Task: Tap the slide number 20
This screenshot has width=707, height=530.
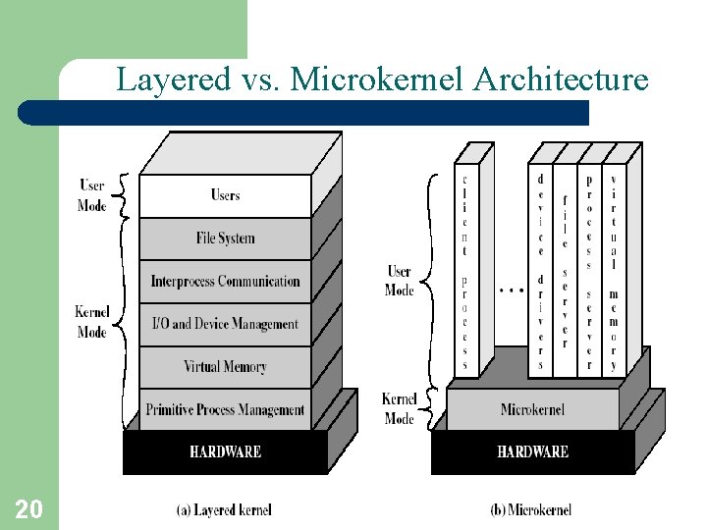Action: tap(28, 508)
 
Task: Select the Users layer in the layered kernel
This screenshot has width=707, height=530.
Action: tap(225, 195)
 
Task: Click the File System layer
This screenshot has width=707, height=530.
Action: tap(225, 238)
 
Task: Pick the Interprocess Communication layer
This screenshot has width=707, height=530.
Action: tap(225, 282)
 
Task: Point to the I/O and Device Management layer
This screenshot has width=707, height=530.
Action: tap(225, 324)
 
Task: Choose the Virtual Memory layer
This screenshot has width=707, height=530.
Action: tap(225, 367)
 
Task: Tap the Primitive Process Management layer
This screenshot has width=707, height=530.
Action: tap(225, 409)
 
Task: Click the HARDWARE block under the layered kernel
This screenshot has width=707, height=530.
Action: tap(225, 451)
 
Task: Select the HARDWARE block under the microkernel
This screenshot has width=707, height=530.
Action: tap(532, 451)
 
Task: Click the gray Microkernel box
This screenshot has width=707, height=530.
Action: tap(532, 409)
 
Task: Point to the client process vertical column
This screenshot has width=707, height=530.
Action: tap(465, 270)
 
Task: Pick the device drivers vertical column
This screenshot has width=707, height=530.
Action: tap(540, 270)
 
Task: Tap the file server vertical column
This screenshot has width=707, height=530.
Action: tap(565, 270)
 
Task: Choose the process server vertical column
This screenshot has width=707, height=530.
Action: tap(589, 270)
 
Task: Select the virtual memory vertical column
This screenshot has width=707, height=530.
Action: tap(614, 270)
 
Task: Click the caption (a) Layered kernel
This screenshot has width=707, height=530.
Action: tap(224, 509)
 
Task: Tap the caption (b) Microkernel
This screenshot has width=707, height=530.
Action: tap(530, 509)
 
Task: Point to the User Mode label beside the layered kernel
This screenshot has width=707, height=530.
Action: tap(91, 195)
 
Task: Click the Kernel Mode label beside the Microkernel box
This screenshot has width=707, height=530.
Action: tap(400, 408)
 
